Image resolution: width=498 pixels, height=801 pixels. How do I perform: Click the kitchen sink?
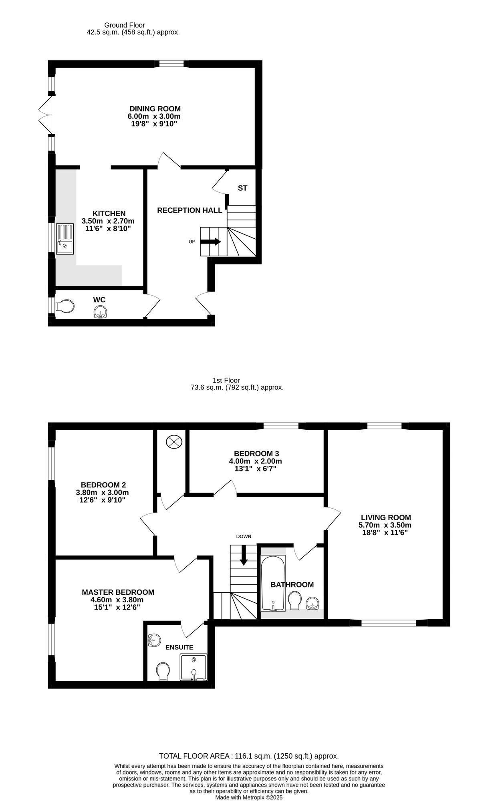pos(65,239)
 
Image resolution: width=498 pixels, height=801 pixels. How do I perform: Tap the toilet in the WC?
pos(65,307)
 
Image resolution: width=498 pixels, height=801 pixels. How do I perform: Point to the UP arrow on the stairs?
pos(210,242)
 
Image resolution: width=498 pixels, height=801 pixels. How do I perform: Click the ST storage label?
pos(242,188)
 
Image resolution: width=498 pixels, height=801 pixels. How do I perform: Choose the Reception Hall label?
pos(190,210)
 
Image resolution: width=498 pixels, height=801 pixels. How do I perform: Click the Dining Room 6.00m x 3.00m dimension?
pos(154,116)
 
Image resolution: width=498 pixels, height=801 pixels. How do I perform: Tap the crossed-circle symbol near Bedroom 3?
pos(174,442)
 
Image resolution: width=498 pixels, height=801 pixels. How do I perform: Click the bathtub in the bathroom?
pos(273,583)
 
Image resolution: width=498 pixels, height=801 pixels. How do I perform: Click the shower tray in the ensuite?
pos(194,667)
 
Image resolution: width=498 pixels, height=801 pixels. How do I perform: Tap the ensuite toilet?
pos(163,672)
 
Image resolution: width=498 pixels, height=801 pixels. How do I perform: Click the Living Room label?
pos(386,517)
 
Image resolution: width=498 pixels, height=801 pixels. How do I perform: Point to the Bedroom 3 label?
pos(256,453)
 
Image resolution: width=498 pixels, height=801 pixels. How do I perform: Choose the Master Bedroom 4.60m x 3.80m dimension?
pos(118,600)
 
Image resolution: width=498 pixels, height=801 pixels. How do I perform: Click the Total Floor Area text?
pos(249,756)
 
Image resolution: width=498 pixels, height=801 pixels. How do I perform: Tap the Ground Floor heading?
pos(125,25)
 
